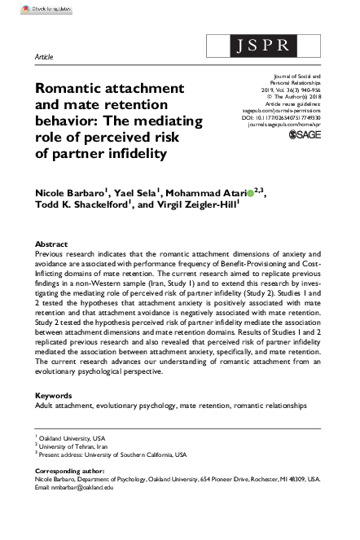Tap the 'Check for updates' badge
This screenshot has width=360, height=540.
[28, 7]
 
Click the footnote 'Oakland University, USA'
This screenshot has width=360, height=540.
[74, 438]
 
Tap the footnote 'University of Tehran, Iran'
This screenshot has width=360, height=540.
[77, 446]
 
